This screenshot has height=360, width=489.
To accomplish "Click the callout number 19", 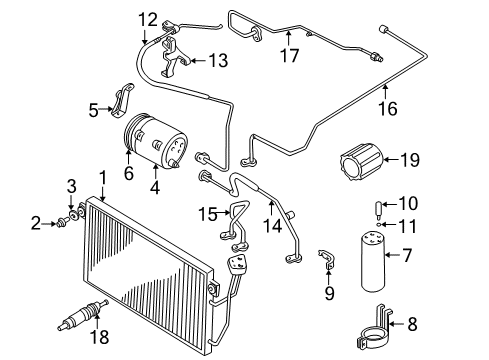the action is tap(410, 160).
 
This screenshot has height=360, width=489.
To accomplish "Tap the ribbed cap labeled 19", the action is tap(361, 162).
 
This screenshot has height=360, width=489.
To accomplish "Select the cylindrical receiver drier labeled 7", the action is tap(373, 262).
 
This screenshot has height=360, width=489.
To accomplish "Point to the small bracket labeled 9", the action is tap(327, 259).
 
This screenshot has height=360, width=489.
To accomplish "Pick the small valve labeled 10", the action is tap(379, 209).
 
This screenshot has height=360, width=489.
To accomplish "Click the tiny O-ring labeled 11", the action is tap(379, 225).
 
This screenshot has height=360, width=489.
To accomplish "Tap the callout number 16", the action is tap(388, 109).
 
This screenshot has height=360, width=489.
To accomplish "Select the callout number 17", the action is tap(290, 55).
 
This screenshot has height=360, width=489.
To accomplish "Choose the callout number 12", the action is tap(148, 20).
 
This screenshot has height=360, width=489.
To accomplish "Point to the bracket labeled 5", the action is tap(123, 100).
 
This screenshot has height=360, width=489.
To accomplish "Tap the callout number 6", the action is tap(129, 173).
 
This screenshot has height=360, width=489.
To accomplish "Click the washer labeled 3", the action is tap(72, 215).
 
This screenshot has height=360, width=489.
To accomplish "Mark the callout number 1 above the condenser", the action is tap(103, 178).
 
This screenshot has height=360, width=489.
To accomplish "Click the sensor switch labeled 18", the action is tap(83, 315).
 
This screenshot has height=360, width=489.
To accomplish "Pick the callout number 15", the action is tap(208, 214).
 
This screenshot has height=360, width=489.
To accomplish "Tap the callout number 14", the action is tap(273, 226).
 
